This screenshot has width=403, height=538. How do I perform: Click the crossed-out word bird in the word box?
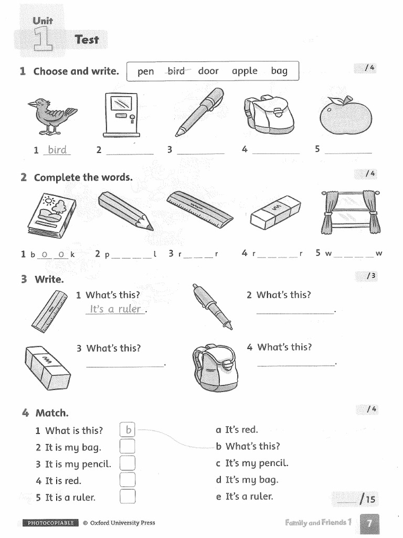tap(176, 71)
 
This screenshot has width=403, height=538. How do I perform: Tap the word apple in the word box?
tap(245, 71)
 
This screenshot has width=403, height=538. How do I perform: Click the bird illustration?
tap(51, 115)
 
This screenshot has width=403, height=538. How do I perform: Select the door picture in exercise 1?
tap(120, 115)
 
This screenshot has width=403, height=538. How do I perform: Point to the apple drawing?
tap(345, 116)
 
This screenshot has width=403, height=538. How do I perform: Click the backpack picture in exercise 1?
tap(268, 115)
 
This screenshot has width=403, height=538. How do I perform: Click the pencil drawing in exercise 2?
tap(125, 211)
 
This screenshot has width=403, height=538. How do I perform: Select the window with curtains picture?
tap(350, 212)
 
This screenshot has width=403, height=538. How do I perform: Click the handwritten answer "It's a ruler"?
tap(115, 309)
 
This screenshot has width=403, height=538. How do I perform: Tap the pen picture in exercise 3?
tap(211, 306)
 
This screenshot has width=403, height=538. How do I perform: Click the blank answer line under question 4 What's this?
tap(296, 365)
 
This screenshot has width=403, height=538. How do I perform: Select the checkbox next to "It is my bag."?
tap(128, 447)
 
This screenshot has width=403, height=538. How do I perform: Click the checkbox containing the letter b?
tap(128, 430)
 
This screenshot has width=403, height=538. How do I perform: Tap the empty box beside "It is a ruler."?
tap(128, 496)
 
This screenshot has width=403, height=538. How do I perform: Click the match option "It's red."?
tap(237, 430)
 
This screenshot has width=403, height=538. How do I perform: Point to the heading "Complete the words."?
tap(83, 178)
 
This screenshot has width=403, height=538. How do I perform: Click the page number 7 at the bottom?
tap(369, 523)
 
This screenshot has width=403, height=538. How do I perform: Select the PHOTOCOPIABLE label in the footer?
tap(50, 523)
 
